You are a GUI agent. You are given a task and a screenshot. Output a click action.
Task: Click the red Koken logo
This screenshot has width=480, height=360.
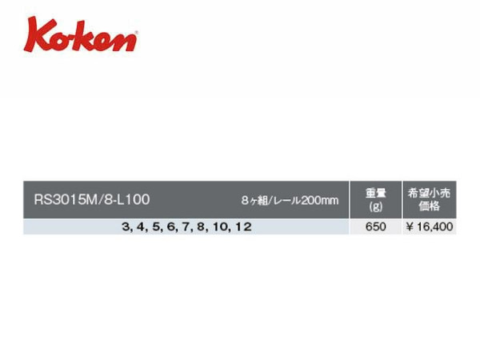coord(81,34)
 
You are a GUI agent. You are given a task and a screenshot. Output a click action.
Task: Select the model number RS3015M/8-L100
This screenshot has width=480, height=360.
coord(92,199)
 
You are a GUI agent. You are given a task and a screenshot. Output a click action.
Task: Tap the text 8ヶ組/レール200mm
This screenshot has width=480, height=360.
coord(290,201)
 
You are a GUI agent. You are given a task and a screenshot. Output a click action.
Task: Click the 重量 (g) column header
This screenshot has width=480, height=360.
coord(376,200)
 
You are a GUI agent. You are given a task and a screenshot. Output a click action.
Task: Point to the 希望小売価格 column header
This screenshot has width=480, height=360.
coord(429,199)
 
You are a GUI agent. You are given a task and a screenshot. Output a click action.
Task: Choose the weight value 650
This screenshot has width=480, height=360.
coord(376,227)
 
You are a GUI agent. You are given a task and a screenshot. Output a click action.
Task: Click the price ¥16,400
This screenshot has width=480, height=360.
coord(429,227)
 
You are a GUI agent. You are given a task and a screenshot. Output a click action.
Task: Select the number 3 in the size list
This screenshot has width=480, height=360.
coord(126,227)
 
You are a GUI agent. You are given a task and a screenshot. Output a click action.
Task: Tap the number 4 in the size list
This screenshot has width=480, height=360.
coord(141,227)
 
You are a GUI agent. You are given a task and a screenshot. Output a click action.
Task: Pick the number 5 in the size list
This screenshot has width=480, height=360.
coord(156,227)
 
